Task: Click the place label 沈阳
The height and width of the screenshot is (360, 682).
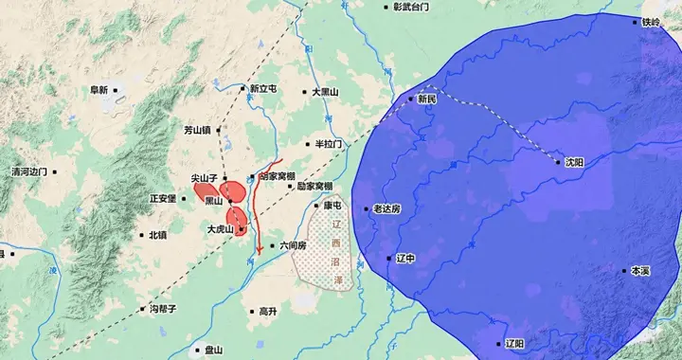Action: [x=575, y=162]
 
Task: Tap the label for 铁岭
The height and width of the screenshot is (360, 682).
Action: [x=651, y=22]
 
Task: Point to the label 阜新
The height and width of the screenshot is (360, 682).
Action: [x=99, y=90]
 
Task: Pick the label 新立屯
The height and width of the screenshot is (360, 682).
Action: [x=263, y=89]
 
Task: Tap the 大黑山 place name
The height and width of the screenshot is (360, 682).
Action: [x=325, y=92]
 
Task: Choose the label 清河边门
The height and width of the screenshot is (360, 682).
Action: [x=28, y=172]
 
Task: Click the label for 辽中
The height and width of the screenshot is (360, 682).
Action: [x=405, y=258]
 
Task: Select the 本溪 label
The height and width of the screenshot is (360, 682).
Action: [x=641, y=271]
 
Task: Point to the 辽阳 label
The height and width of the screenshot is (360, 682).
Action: [x=514, y=343]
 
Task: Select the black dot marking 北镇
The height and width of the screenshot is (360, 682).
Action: [x=141, y=235]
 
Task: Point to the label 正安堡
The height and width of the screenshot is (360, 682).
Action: [x=163, y=199]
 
